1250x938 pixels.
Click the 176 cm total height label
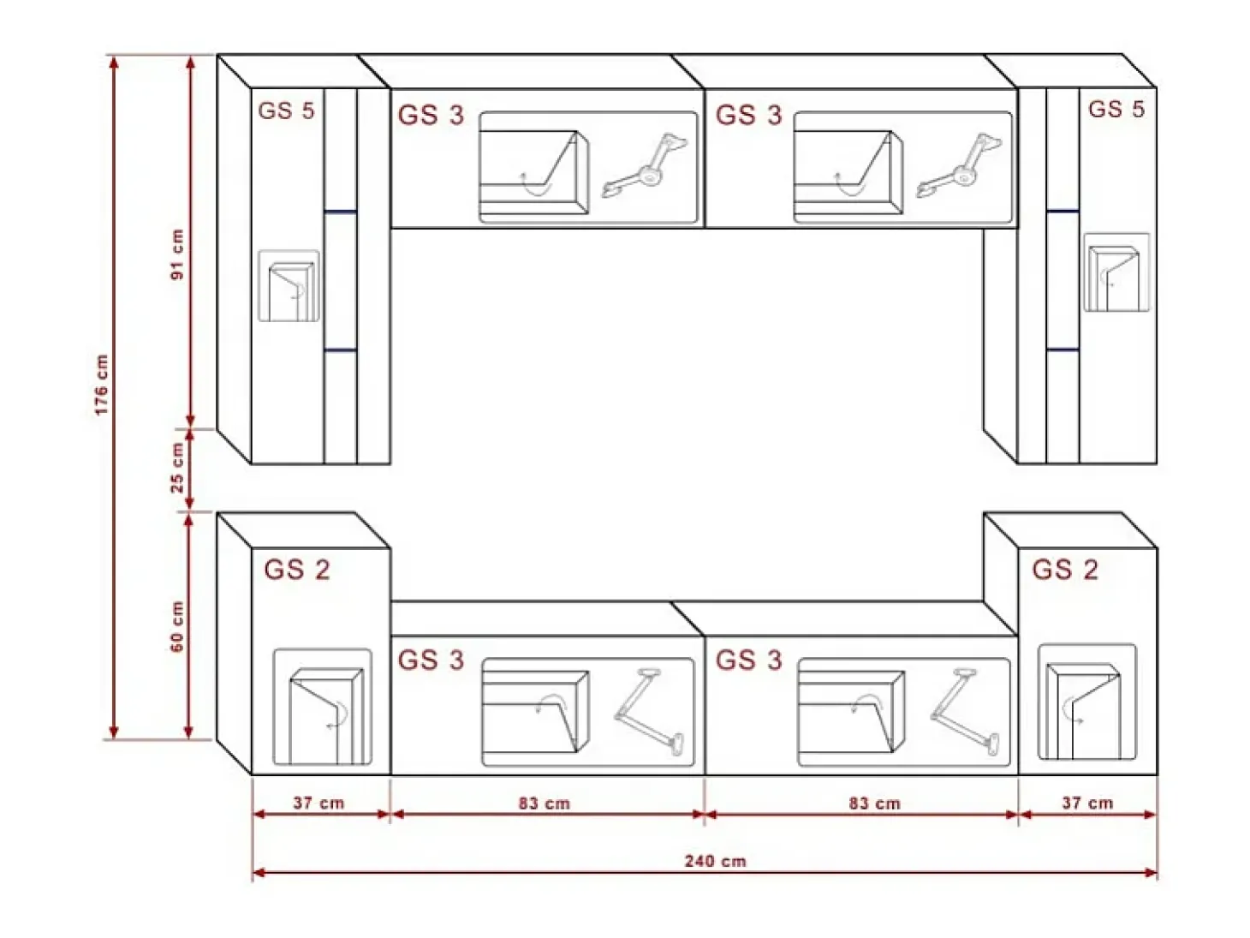coord(101,385)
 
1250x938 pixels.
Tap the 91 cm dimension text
coord(178,254)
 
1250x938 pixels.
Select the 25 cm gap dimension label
coord(178,468)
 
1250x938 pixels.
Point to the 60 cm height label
coord(178,626)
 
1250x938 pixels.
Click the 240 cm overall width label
coord(715,861)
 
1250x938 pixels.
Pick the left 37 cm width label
coord(318,803)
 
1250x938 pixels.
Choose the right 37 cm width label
coord(1087,803)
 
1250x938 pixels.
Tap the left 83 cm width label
coord(544,803)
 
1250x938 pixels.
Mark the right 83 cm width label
coord(875,803)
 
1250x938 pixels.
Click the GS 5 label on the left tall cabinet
coord(286,111)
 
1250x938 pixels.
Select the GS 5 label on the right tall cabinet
coord(1116,109)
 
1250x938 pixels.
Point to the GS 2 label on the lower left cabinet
coord(297,570)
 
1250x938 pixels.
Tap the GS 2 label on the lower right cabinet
coord(1065,570)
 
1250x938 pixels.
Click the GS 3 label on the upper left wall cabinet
coord(432,115)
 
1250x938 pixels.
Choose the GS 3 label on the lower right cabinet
coord(749,660)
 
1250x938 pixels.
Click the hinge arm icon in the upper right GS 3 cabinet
coord(958,165)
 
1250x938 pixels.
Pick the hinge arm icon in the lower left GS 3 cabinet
coord(649,711)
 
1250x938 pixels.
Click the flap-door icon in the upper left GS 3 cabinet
coord(534,172)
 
